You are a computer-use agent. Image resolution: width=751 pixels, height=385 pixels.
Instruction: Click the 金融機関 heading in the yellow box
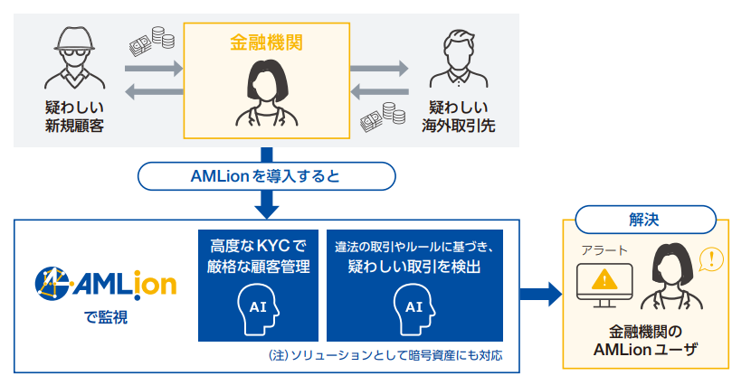pos(266,42)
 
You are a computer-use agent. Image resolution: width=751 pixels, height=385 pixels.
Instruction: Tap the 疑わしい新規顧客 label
pos(74,117)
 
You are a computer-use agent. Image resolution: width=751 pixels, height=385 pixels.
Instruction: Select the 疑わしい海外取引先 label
pos(458,117)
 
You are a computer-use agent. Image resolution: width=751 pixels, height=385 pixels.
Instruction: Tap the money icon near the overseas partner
pos(381,115)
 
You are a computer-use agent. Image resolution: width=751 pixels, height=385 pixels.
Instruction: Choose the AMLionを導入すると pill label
pos(265,176)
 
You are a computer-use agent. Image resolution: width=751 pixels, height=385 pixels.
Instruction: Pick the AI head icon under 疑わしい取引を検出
pos(414,305)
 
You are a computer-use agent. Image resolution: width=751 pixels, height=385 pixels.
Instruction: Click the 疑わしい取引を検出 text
pos(414,268)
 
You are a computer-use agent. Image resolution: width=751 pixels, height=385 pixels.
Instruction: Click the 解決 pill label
pos(646,219)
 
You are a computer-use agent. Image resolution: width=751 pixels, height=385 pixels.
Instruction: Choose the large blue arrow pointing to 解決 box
pos(541,293)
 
